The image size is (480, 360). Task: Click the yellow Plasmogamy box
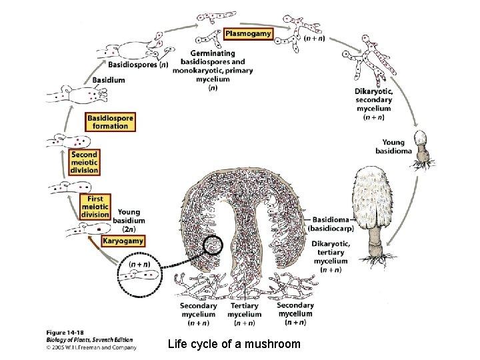[248, 33]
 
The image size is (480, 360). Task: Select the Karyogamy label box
[122, 240]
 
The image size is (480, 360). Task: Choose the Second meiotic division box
[85, 162]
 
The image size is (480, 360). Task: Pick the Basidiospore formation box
[110, 121]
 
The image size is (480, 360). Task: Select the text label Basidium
[109, 80]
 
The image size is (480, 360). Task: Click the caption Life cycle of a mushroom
[234, 344]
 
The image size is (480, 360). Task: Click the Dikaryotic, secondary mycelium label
[373, 104]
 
